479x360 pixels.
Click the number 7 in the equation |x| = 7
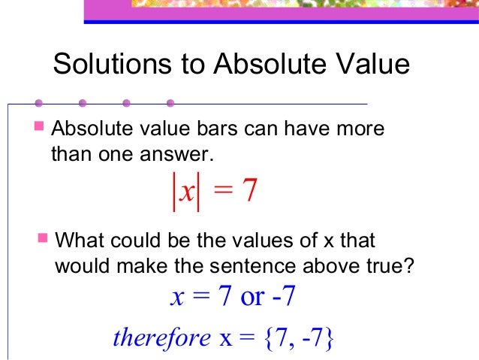pos(251,192)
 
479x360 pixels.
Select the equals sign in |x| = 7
pos(222,193)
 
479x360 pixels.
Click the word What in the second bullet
pos(79,242)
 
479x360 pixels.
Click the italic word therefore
pos(161,337)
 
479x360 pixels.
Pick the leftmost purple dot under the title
pos(38,102)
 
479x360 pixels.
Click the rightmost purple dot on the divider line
pos(170,102)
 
